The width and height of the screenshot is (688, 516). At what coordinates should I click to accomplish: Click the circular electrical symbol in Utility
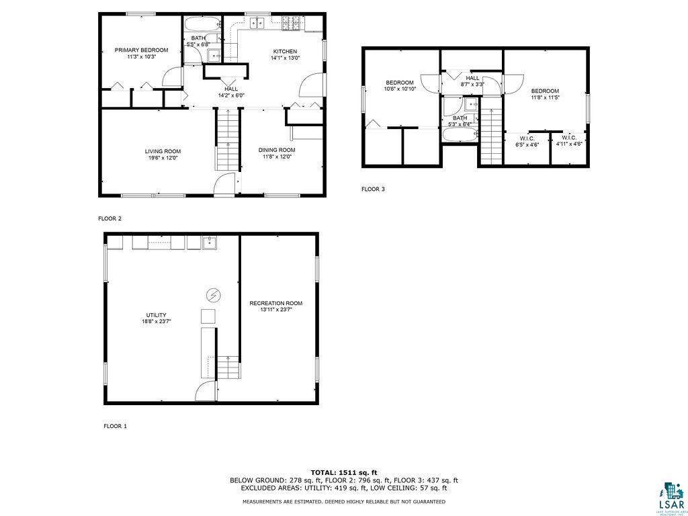tap(214, 294)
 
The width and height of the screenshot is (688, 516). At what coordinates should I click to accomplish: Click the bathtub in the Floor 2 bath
tap(202, 24)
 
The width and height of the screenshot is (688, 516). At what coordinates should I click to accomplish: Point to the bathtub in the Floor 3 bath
tap(460, 134)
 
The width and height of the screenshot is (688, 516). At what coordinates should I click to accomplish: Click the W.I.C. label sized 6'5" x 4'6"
tap(527, 141)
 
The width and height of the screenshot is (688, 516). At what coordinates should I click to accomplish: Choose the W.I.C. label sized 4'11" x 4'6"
tap(568, 140)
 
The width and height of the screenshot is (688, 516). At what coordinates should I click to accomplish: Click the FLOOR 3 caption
tap(373, 189)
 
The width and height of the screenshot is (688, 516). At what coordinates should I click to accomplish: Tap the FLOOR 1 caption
tap(115, 426)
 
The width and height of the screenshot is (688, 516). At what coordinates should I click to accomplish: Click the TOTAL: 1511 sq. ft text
tap(343, 472)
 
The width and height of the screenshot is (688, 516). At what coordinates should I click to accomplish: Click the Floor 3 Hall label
tap(472, 81)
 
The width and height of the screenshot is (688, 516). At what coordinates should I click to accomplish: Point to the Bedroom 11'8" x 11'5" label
tap(545, 95)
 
